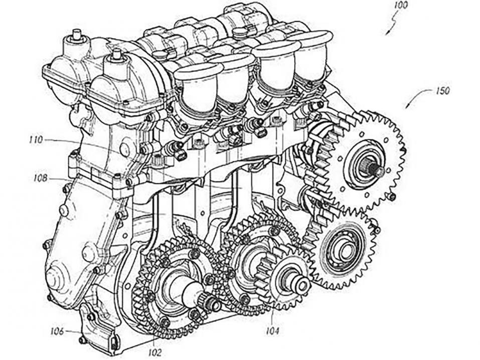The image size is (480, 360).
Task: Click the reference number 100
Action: [x=401, y=6]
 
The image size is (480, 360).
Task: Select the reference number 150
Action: [x=441, y=91]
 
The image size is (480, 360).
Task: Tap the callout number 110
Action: [x=37, y=140]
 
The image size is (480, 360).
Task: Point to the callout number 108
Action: [x=41, y=178]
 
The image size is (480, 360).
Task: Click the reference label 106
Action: [x=57, y=331]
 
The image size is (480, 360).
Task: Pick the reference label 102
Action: [x=155, y=352]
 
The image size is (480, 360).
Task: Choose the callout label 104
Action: [x=272, y=330]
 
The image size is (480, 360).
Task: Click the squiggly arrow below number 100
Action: [x=392, y=24]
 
